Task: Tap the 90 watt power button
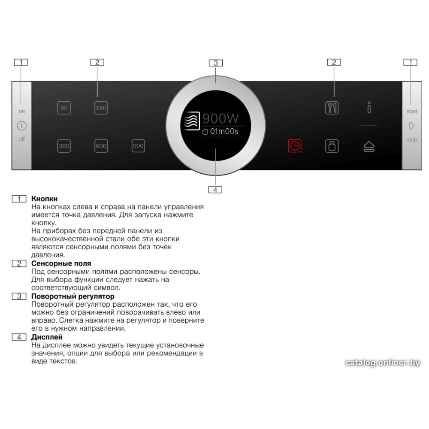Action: [x=64, y=108]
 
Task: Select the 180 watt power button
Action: [x=101, y=108]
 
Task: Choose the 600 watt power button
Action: [x=101, y=146]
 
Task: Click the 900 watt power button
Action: [x=138, y=146]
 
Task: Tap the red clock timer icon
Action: [x=295, y=146]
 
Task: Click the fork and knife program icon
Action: [x=332, y=108]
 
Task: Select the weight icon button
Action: [x=332, y=146]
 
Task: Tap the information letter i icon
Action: [x=369, y=107]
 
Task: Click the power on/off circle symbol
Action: [x=22, y=126]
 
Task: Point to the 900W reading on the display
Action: [x=221, y=119]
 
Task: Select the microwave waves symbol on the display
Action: [x=191, y=121]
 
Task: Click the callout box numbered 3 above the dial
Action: [x=216, y=63]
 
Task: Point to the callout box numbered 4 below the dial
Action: [x=215, y=190]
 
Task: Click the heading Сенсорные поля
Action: [x=61, y=263]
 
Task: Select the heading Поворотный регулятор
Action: [x=73, y=296]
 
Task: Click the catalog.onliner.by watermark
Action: [x=383, y=363]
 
